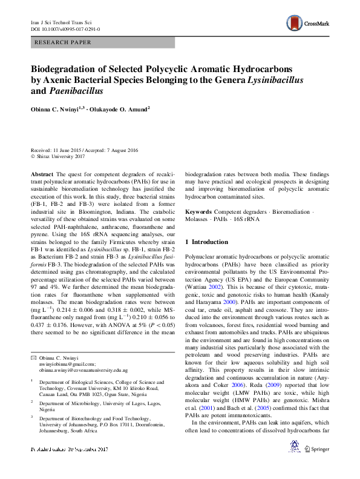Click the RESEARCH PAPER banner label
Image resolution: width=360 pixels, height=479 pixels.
tap(64, 42)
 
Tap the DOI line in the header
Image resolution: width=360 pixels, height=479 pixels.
tap(65, 28)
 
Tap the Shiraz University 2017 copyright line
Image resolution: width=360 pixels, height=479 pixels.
tap(61, 156)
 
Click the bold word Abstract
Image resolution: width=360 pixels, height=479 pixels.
tap(42, 173)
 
